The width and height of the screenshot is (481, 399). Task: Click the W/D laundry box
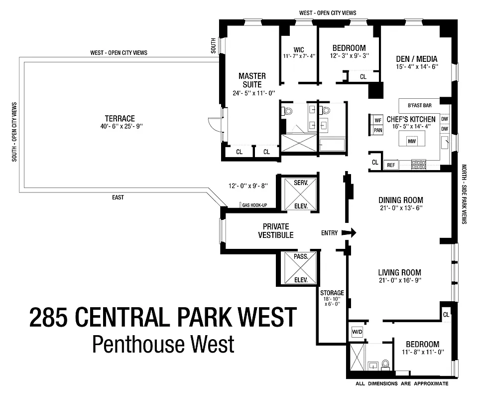pos(357,331)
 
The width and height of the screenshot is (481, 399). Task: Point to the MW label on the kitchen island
pos(412,141)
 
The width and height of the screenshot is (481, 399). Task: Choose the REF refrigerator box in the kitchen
pos(391,164)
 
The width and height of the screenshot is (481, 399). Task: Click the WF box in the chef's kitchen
pos(377,120)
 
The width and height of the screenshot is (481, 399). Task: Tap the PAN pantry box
pos(377,130)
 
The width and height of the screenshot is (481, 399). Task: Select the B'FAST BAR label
pos(419,106)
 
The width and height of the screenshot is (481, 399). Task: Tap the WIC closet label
pos(299,49)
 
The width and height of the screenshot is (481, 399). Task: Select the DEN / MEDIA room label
pos(417,59)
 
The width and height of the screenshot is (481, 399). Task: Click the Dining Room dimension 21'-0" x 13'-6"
pos(400,208)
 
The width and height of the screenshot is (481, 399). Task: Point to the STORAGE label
pos(332,293)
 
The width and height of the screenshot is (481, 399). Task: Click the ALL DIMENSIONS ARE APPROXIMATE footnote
pos(402,384)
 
